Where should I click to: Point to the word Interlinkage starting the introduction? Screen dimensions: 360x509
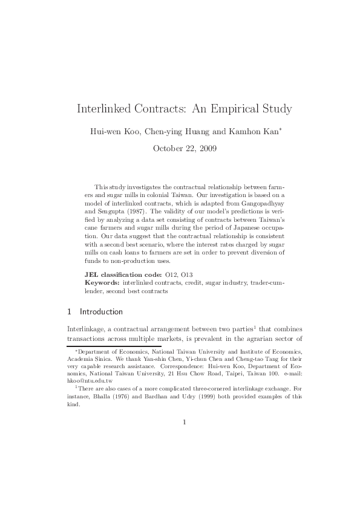click(84, 328)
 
